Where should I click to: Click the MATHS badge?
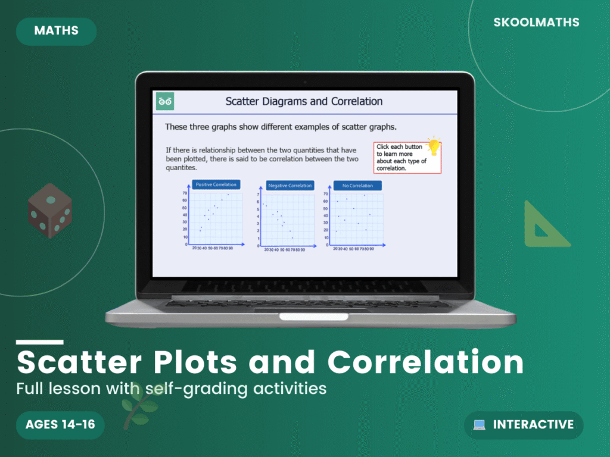56,31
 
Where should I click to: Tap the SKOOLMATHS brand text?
536,23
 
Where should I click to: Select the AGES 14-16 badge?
60,424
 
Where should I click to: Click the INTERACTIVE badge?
524,425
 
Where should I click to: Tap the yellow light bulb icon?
434,145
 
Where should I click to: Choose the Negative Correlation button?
290,186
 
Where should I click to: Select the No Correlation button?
357,186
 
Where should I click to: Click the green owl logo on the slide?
165,101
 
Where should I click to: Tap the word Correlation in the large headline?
425,361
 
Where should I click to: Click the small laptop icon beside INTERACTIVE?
479,425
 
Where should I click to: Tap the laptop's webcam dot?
304,82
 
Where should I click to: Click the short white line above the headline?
39,342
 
